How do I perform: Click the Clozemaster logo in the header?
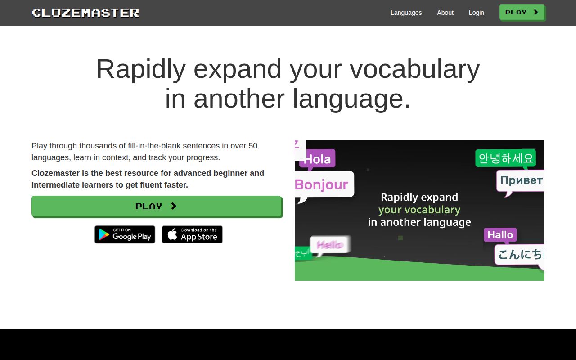[x=85, y=13]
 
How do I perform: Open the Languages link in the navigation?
[x=406, y=13]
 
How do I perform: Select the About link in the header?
[x=445, y=13]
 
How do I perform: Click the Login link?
[x=476, y=13]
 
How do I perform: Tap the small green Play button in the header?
[x=522, y=13]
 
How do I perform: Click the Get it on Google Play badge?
[x=125, y=234]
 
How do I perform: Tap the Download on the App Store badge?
[x=192, y=234]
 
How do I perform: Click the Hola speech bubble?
[x=317, y=159]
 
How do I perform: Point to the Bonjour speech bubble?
[x=322, y=184]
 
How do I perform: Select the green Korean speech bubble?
[x=505, y=158]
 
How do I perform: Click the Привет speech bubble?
[x=521, y=180]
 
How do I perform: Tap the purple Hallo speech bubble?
[x=500, y=235]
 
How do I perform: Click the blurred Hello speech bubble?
[x=330, y=245]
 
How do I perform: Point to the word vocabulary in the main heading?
[x=414, y=69]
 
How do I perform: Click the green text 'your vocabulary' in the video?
[x=419, y=210]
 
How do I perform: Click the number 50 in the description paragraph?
[x=253, y=146]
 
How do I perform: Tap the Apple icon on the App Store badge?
[x=172, y=234]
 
